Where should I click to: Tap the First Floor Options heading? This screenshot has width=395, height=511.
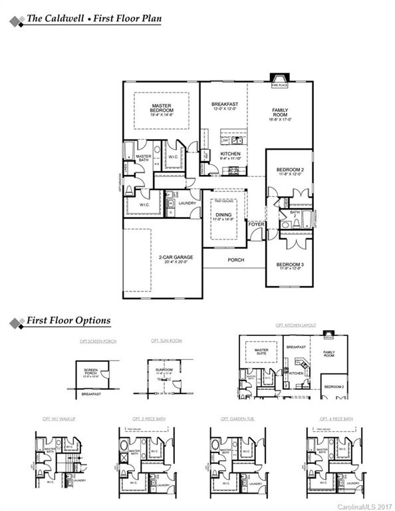click(x=68, y=321)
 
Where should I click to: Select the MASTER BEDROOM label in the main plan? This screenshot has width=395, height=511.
click(x=162, y=108)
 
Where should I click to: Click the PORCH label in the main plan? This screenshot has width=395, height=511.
click(x=235, y=260)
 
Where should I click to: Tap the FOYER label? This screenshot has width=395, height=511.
click(x=256, y=224)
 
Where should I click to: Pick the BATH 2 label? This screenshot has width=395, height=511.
click(x=295, y=214)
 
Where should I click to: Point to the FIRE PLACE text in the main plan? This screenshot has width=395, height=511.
click(x=278, y=85)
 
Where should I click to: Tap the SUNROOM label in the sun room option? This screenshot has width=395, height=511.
click(x=164, y=371)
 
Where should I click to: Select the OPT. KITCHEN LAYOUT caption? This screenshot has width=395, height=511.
click(x=295, y=326)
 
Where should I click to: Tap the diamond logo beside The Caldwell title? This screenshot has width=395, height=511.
click(x=13, y=19)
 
